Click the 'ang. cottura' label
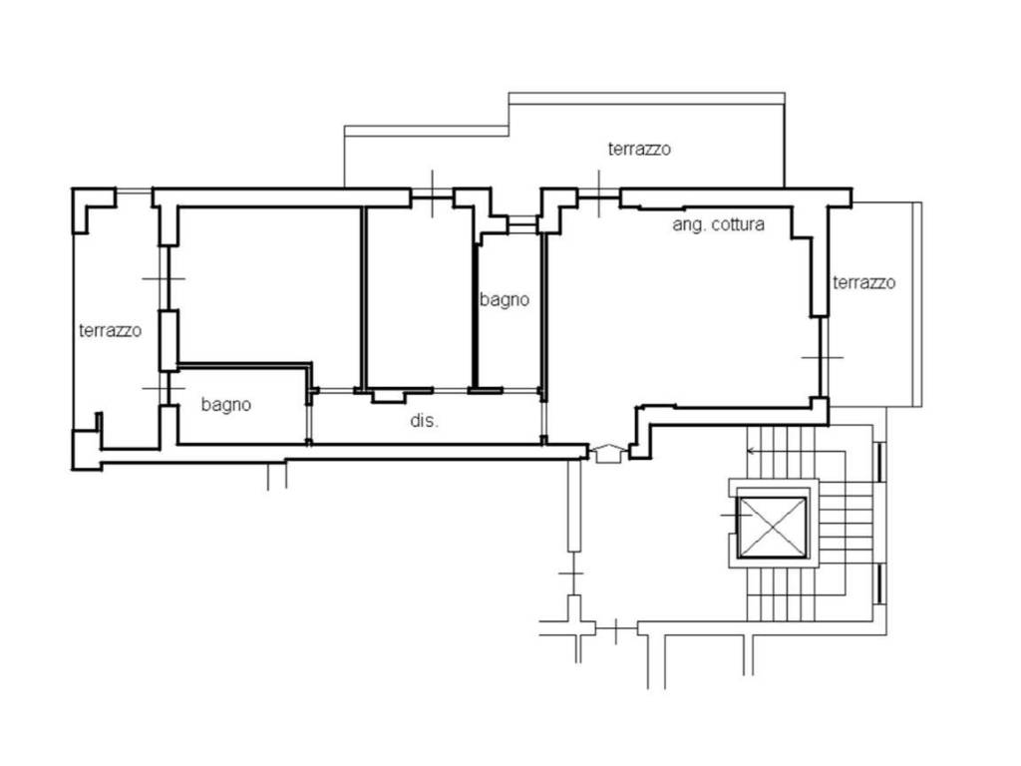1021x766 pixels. tap(718, 224)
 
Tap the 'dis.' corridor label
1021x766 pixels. tap(424, 421)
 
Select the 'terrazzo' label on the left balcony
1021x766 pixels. tap(110, 330)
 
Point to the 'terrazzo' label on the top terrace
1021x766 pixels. tap(639, 149)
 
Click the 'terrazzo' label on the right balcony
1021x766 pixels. tap(864, 282)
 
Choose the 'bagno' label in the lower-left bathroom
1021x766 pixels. tap(226, 405)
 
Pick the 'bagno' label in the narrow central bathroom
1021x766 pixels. tap(505, 299)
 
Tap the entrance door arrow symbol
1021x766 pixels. tap(608, 452)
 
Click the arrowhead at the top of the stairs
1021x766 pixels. tap(750, 450)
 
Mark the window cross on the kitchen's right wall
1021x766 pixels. tap(823, 358)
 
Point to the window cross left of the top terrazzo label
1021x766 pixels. tap(599, 192)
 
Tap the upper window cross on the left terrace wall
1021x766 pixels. tap(164, 279)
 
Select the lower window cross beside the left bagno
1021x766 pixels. tap(164, 388)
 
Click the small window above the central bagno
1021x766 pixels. tap(521, 224)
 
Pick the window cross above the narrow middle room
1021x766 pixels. tap(433, 193)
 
